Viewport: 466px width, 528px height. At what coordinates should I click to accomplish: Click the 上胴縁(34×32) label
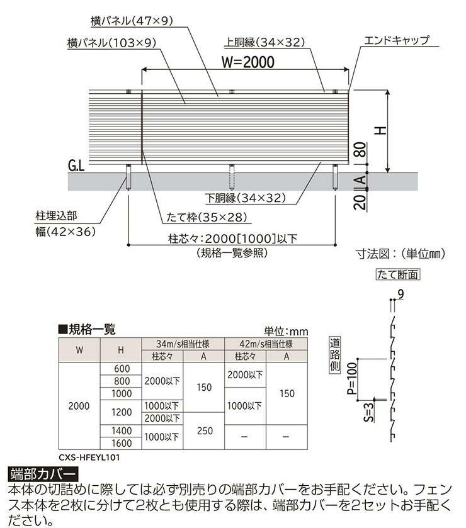coord(264,43)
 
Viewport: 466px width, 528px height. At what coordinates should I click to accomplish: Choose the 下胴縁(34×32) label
coord(246,198)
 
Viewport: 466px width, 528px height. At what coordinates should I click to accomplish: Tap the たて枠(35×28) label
coord(206,218)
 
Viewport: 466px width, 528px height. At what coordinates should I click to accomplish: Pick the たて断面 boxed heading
coord(397,274)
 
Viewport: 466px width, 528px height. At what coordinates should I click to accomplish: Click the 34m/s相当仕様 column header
coord(183,344)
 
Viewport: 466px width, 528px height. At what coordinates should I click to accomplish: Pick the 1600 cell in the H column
coord(122,442)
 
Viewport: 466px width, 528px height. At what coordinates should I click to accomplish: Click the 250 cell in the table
coord(203,430)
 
